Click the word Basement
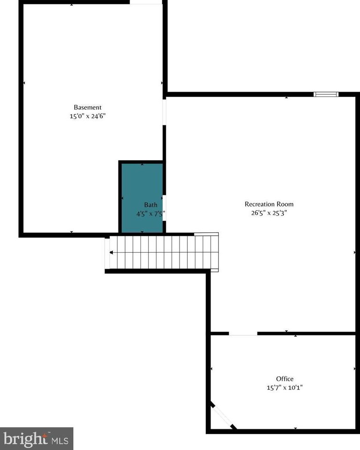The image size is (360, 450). click(x=87, y=107)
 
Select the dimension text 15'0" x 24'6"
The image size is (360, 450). click(x=87, y=116)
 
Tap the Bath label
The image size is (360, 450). click(x=150, y=205)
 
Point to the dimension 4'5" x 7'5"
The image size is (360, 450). click(x=151, y=213)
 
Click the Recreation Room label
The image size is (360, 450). click(x=269, y=204)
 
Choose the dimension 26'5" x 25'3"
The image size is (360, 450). click(x=269, y=212)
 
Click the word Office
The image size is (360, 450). click(x=285, y=379)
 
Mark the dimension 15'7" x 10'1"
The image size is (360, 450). click(x=285, y=387)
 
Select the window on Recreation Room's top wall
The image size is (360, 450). click(x=326, y=94)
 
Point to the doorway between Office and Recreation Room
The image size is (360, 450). click(x=243, y=333)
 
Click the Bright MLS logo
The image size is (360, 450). click(x=36, y=439)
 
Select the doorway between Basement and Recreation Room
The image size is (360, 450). click(x=164, y=112)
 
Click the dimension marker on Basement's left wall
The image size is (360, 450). click(x=24, y=83)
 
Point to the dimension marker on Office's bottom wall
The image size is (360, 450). click(x=295, y=428)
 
